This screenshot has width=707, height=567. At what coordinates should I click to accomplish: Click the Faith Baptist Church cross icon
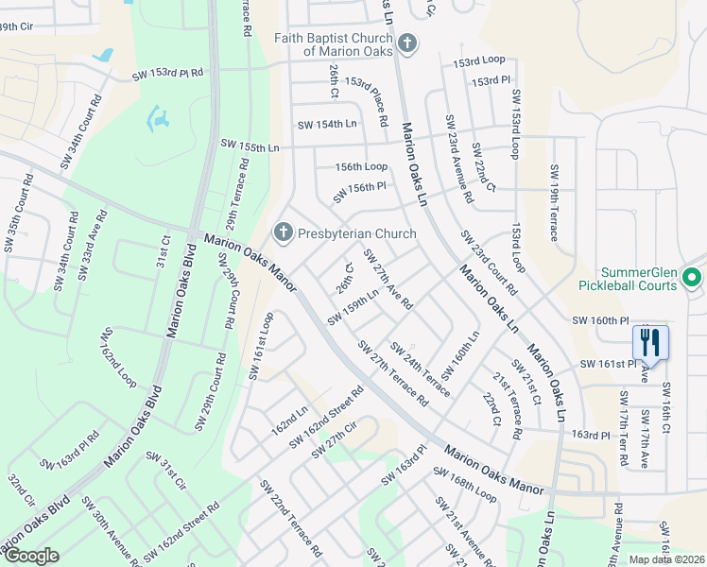(407, 43)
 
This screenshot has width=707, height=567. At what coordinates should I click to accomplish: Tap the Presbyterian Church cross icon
(282, 232)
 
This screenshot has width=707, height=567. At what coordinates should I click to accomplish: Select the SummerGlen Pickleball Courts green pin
(691, 278)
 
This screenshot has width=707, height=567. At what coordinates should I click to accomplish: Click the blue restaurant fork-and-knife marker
(650, 342)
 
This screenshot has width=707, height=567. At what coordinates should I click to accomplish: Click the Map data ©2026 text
(666, 559)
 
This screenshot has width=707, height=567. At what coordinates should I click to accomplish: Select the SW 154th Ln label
(327, 124)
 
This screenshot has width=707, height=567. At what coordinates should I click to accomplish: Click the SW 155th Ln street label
(250, 145)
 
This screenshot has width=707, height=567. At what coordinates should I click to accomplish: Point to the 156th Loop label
(362, 166)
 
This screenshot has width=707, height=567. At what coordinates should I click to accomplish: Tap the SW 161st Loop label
(262, 345)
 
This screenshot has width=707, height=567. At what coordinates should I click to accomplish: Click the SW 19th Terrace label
(554, 202)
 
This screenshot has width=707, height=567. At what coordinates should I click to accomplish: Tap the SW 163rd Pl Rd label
(70, 453)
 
